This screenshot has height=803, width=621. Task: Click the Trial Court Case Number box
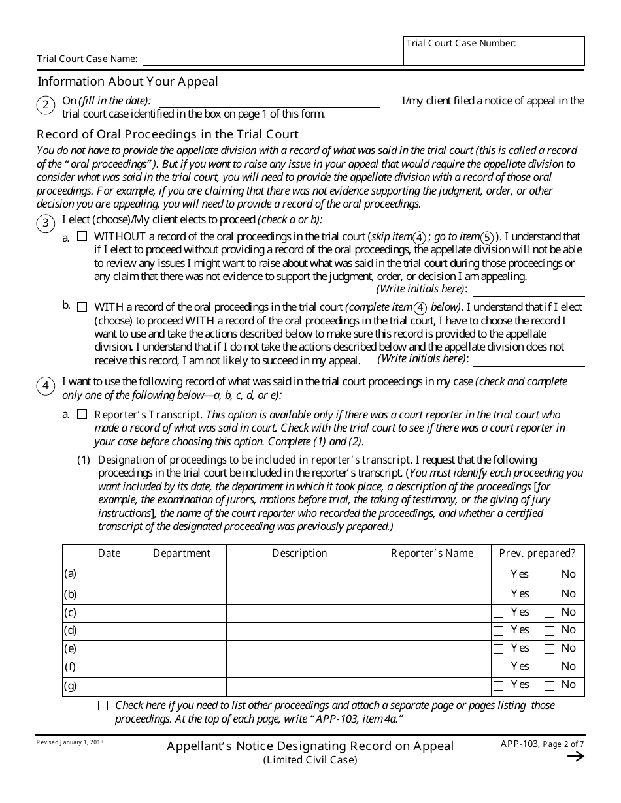point(494,55)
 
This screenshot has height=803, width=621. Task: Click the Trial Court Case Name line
point(272,59)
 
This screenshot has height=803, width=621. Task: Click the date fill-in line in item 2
point(269,102)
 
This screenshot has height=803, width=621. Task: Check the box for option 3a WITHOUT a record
point(82,237)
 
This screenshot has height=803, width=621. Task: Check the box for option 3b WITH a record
point(82,307)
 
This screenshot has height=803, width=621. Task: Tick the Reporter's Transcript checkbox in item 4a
point(82,415)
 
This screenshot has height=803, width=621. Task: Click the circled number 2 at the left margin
point(46,106)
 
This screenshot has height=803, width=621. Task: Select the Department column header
point(182,554)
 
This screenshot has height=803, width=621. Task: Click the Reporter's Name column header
point(432,554)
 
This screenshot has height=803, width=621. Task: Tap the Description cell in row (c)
point(299,613)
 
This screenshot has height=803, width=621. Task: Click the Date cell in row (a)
point(109,575)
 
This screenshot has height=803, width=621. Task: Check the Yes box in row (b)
point(499,595)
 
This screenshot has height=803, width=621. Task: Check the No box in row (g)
point(550,685)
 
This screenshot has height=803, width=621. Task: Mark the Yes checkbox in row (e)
point(499,649)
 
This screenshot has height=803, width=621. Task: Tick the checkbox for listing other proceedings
point(103,706)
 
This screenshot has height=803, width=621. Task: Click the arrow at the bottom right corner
point(575,757)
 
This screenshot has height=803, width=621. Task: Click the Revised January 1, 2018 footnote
point(70,742)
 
